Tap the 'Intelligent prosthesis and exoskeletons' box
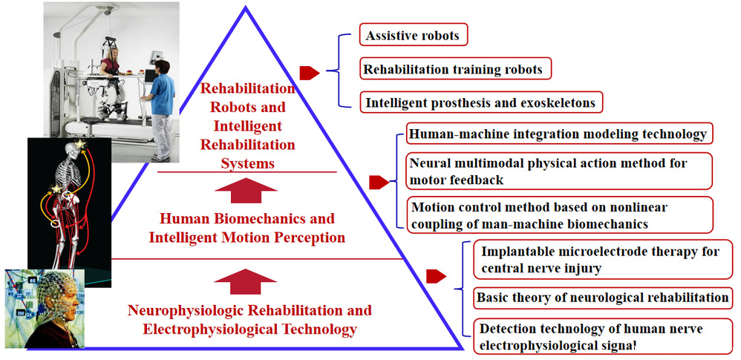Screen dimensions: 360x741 [x=480, y=102]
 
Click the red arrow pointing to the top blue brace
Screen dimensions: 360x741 [x=309, y=72]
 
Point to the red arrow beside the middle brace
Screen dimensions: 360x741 [x=379, y=182]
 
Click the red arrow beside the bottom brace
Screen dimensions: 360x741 [x=436, y=277]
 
